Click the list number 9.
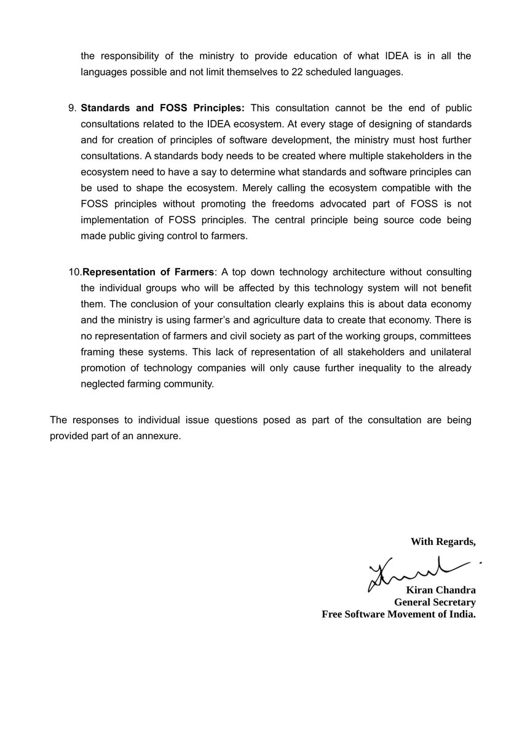pyautogui.click(x=71, y=108)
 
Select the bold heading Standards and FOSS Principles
pyautogui.click(x=163, y=108)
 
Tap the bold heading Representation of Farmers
pyautogui.click(x=148, y=272)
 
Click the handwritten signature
pyautogui.click(x=418, y=569)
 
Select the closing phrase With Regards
pyautogui.click(x=443, y=542)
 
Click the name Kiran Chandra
pyautogui.click(x=441, y=590)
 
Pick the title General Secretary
pyautogui.click(x=435, y=602)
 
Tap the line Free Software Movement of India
pyautogui.click(x=398, y=614)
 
